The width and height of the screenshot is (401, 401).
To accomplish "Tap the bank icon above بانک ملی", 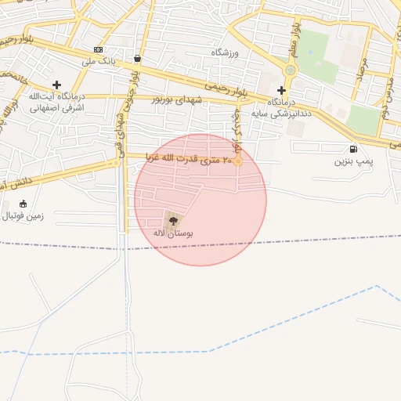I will click(98, 49).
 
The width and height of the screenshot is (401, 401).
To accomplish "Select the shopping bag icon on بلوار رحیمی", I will click(138, 58).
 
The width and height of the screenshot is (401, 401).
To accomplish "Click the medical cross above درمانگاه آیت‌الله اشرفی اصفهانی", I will click(56, 85).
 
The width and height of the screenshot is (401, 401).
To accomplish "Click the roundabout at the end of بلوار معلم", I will click(291, 70).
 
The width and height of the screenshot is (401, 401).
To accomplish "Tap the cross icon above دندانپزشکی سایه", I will click(281, 90).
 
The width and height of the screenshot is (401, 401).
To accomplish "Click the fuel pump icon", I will click(354, 149).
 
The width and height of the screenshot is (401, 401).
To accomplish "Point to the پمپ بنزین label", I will click(350, 161).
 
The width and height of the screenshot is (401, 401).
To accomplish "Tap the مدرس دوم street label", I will click(386, 102).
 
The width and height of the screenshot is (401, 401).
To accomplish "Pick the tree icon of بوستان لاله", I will click(173, 221).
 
